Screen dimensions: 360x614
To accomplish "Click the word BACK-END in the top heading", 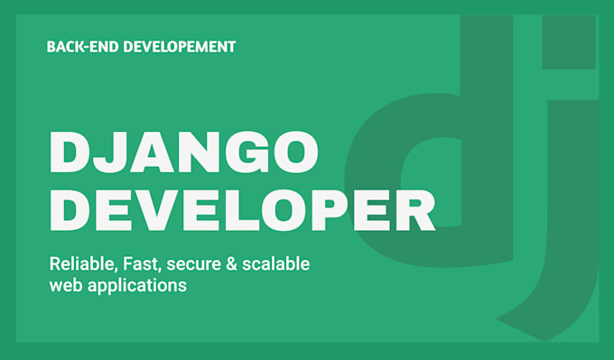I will pyautogui.click(x=80, y=46).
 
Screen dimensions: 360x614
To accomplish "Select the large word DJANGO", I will pyautogui.click(x=184, y=152).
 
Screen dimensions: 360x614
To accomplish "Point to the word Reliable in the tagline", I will pyautogui.click(x=79, y=264).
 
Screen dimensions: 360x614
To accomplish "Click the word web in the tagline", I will pyautogui.click(x=66, y=285).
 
